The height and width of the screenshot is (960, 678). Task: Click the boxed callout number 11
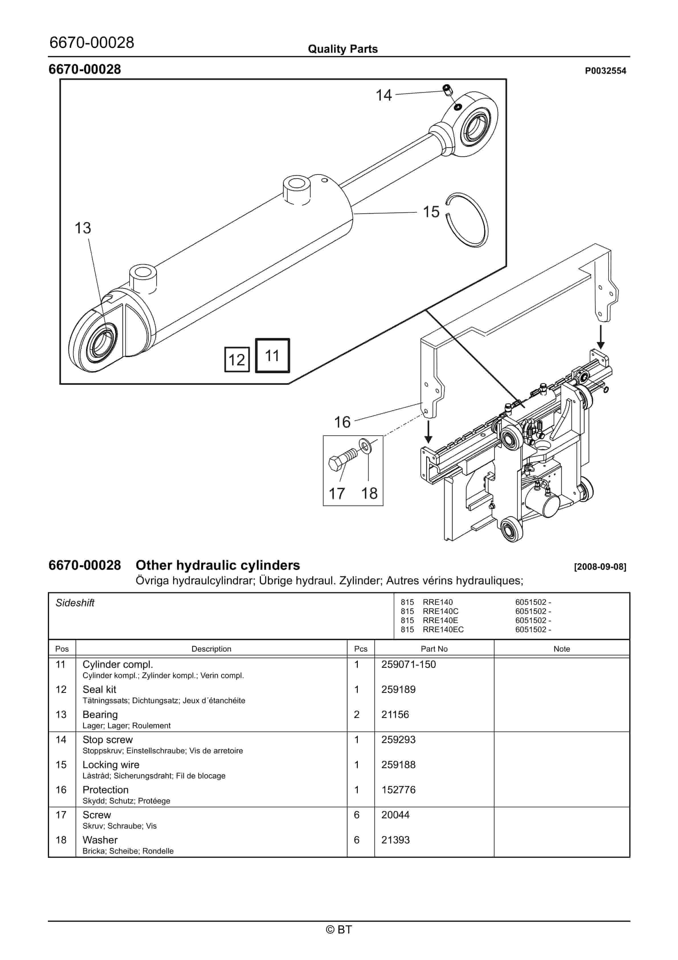[x=272, y=355]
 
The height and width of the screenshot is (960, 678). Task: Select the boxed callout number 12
[x=237, y=359]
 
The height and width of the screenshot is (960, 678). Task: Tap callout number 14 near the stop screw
[x=383, y=95]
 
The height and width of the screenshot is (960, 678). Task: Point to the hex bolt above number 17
[x=341, y=460]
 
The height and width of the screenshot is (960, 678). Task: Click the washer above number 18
[x=365, y=446]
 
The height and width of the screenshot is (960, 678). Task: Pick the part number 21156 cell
[x=395, y=715]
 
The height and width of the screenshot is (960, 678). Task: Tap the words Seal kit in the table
[x=99, y=690]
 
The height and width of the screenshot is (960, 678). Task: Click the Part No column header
[x=434, y=649]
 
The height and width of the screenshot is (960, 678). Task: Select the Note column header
[x=561, y=649]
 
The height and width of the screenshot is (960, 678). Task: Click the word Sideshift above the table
[x=75, y=603]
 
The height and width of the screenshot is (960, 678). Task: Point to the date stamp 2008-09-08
[x=600, y=567]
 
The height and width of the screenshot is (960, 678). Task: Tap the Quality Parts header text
[x=342, y=49]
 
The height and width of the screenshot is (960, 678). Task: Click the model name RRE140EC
[x=443, y=630]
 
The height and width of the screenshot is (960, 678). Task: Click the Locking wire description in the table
[x=111, y=765]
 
